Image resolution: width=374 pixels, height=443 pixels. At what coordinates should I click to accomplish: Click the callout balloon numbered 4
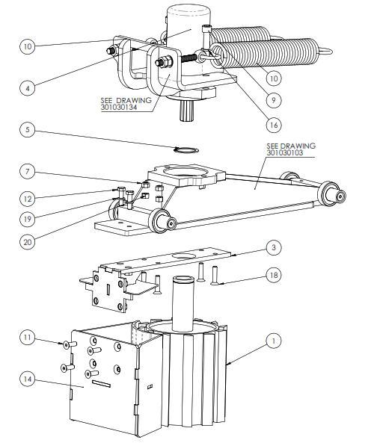click(x=28, y=88)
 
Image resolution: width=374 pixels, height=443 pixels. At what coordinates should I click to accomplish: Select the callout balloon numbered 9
click(x=274, y=100)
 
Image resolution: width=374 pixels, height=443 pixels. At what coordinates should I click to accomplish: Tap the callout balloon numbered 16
click(x=274, y=125)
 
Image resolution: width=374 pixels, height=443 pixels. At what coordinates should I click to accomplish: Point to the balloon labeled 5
click(x=28, y=130)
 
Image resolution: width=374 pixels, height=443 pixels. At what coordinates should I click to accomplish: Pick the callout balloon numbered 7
click(x=28, y=172)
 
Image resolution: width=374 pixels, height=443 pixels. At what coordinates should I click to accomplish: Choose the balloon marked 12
click(x=28, y=199)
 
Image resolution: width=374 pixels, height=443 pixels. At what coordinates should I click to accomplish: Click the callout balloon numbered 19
click(x=28, y=219)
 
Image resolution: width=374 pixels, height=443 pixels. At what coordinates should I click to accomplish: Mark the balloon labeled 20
click(x=28, y=242)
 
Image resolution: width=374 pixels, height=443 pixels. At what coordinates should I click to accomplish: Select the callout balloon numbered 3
click(x=274, y=248)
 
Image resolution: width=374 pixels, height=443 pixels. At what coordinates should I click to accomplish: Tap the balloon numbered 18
click(x=274, y=275)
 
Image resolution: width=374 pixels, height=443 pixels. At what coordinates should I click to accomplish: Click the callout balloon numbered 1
click(x=274, y=341)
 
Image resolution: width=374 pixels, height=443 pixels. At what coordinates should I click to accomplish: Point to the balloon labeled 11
click(x=28, y=338)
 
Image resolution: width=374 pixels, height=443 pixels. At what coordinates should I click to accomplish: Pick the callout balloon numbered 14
click(x=28, y=379)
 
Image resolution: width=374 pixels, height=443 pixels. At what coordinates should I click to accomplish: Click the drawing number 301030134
click(x=119, y=108)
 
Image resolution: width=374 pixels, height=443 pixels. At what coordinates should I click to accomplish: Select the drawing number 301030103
click(x=284, y=152)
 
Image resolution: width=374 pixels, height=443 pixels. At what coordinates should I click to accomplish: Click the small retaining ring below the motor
click(x=186, y=149)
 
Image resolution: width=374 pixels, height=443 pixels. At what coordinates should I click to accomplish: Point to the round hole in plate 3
click(x=183, y=256)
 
